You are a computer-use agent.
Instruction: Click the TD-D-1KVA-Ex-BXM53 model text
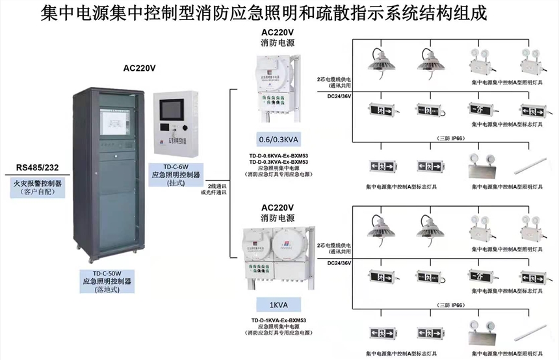pyautogui.click(x=278, y=320)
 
